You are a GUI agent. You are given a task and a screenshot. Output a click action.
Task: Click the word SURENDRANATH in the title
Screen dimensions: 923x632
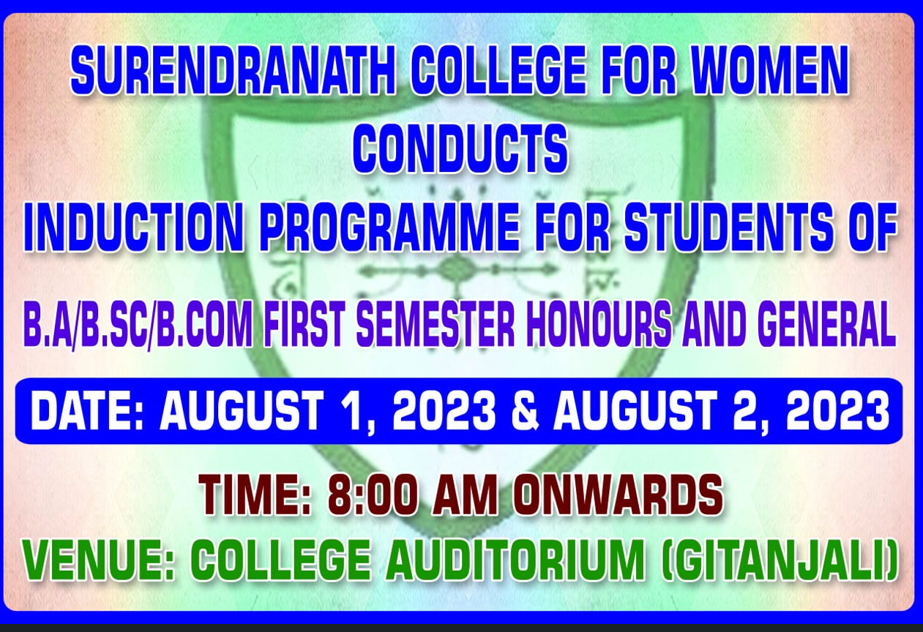(x=233, y=70)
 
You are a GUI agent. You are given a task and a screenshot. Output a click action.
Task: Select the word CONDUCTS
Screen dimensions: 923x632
(x=460, y=148)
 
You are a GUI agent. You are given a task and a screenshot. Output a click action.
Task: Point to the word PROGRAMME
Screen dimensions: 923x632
(x=391, y=227)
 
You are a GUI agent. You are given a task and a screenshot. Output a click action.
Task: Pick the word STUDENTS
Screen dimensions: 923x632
(x=726, y=227)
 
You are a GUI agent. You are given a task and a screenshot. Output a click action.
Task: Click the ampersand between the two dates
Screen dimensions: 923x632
(x=526, y=410)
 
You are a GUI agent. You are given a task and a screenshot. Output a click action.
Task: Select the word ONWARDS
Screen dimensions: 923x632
(x=618, y=494)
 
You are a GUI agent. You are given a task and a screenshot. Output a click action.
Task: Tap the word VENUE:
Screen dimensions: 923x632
(x=100, y=559)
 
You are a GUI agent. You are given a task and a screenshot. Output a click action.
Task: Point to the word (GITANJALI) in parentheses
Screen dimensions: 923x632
(x=779, y=559)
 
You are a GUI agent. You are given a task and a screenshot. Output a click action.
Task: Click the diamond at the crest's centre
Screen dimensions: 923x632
(x=455, y=270)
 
